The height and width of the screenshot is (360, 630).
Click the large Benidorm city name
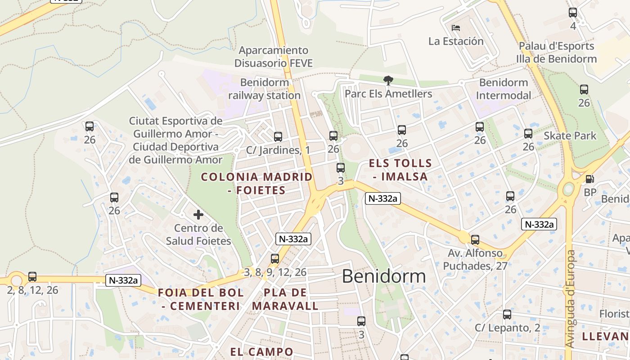[384, 276]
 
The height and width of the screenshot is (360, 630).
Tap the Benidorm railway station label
[264, 89]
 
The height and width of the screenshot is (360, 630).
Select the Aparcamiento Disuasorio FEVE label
[274, 57]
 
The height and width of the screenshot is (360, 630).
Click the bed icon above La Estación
[456, 28]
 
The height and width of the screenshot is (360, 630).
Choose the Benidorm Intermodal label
[504, 89]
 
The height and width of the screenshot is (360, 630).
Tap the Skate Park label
[570, 135]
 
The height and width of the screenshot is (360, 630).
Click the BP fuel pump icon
[589, 179]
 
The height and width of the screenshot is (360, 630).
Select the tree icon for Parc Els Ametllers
[388, 81]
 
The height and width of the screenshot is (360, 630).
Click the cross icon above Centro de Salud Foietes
[198, 215]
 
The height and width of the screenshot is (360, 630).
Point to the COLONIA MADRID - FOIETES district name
[256, 183]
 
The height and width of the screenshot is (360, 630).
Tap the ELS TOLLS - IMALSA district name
[400, 170]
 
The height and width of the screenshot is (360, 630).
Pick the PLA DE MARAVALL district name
[285, 299]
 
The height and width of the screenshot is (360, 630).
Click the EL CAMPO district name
[261, 351]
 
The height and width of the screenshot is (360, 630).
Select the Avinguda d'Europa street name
[570, 299]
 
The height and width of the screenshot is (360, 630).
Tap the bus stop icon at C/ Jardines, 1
[278, 136]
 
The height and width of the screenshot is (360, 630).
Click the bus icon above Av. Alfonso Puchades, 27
[475, 240]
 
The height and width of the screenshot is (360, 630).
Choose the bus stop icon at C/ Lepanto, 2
[507, 315]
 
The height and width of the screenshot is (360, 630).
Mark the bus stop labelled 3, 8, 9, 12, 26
[275, 259]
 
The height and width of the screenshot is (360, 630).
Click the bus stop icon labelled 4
[573, 13]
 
